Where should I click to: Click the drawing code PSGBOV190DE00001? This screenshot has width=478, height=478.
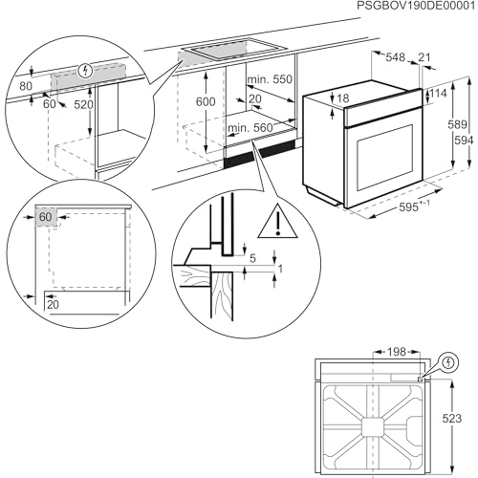[x=416, y=6]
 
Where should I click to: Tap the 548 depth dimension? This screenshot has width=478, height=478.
[x=395, y=57]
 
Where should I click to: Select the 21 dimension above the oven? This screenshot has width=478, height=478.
[x=424, y=57]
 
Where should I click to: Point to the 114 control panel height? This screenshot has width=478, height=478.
[x=438, y=94]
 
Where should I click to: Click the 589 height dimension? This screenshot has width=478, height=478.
[x=457, y=124]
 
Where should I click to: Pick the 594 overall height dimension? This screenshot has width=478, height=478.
[x=465, y=141]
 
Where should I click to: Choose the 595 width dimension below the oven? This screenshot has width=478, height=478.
[x=408, y=207]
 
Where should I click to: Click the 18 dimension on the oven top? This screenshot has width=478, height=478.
[x=343, y=98]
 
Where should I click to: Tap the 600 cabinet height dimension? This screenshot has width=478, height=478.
[x=206, y=101]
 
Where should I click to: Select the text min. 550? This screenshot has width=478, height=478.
[x=270, y=79]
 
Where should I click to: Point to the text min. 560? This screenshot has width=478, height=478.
[x=250, y=128]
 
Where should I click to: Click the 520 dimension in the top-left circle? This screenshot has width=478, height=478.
[x=83, y=104]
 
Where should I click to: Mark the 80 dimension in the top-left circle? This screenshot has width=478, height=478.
[x=26, y=86]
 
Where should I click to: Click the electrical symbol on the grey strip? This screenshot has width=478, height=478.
[x=85, y=71]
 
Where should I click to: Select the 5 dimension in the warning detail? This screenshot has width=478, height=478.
[x=252, y=258]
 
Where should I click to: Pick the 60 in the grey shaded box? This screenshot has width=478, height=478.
[x=45, y=217]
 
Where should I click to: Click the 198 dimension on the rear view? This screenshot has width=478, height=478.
[x=397, y=352]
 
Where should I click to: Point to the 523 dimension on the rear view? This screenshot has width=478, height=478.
[x=452, y=419]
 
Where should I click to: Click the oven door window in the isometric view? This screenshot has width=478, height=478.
[x=384, y=158]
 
